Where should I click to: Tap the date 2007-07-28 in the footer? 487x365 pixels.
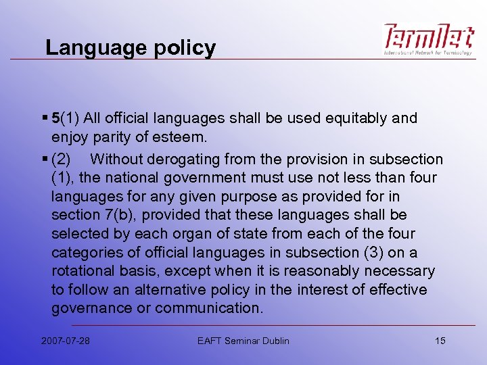pyautogui.click(x=64, y=340)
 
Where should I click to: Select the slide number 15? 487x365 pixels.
pyautogui.click(x=440, y=340)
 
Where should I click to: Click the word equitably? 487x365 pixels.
pyautogui.click(x=350, y=118)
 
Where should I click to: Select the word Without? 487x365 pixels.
pyautogui.click(x=114, y=160)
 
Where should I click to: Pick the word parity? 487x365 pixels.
pyautogui.click(x=112, y=137)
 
